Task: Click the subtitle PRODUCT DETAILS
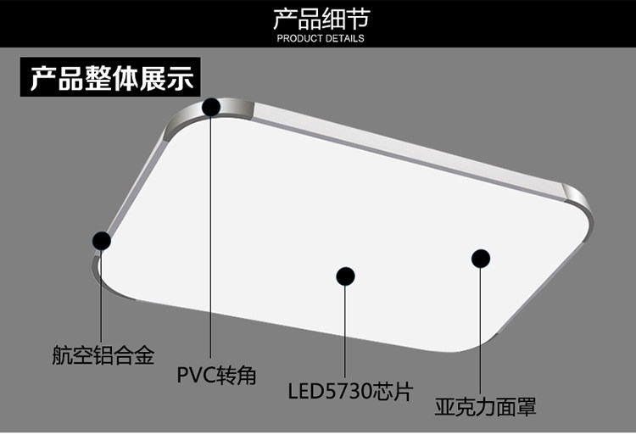coord(321,38)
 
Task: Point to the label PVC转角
coord(216,375)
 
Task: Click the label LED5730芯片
coord(349,392)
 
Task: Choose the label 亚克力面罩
coord(485,407)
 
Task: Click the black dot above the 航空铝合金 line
coord(102,241)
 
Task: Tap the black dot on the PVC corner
coord(211,106)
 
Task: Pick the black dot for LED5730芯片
coord(345,276)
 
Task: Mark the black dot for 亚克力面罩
coord(481,259)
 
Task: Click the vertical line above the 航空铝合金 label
coord(102,297)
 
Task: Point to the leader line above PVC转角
coord(211,237)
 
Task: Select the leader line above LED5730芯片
coord(345,331)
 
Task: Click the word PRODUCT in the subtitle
coord(298,38)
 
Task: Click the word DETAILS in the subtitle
coord(343,38)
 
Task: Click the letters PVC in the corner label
coord(193,375)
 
